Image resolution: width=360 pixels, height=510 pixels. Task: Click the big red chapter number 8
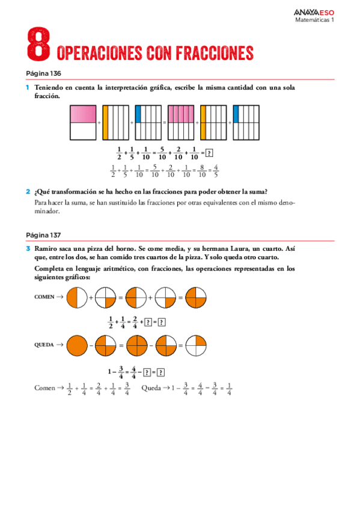click(38, 44)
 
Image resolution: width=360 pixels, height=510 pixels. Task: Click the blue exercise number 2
click(28, 192)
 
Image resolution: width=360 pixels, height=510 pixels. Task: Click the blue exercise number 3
click(28, 248)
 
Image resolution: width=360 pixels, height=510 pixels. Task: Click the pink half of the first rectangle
click(83, 114)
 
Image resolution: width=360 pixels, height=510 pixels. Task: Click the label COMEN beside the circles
click(45, 297)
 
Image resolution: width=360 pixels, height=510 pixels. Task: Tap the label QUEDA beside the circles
click(46, 345)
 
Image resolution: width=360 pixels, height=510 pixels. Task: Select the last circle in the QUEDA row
click(196, 346)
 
